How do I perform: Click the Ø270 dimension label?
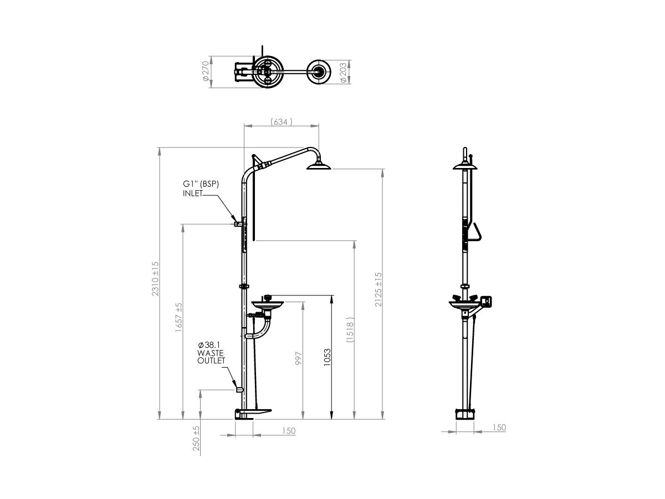tap(206, 72)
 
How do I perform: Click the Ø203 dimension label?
tap(343, 72)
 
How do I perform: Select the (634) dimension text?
tap(281, 121)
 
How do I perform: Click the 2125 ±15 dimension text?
tap(378, 289)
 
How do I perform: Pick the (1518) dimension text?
tap(350, 331)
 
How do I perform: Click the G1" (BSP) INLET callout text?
tap(201, 189)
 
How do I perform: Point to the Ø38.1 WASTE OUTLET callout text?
tap(211, 353)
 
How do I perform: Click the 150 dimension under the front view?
tap(288, 431)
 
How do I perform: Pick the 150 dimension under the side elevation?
tap(499, 427)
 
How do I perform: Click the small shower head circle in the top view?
tap(318, 71)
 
